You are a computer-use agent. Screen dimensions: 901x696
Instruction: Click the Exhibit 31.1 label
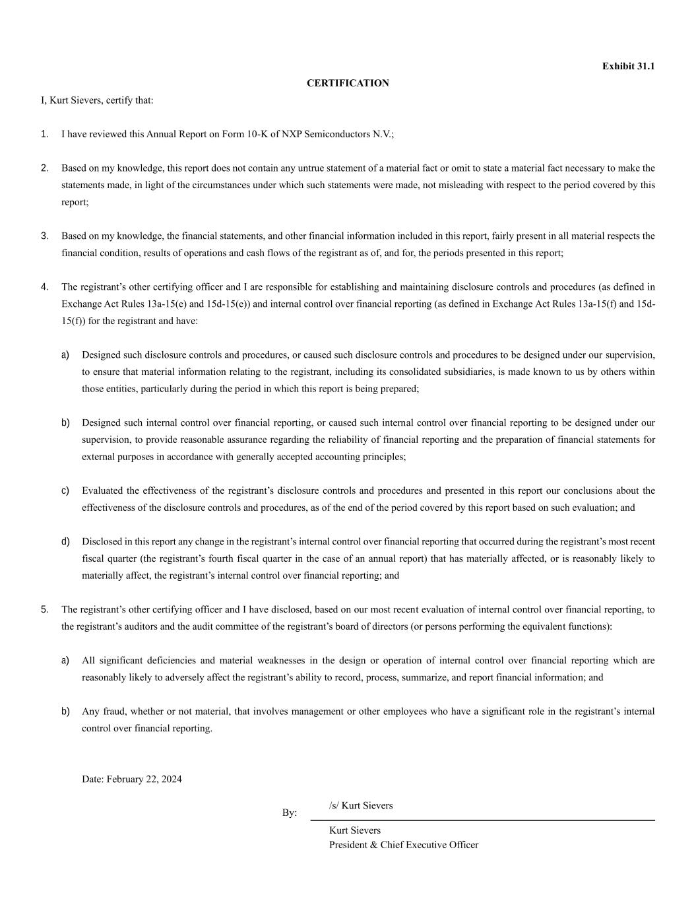click(x=628, y=66)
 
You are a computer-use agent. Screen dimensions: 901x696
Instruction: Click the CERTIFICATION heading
click(x=348, y=83)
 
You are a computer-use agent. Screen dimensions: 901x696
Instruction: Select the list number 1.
click(x=44, y=134)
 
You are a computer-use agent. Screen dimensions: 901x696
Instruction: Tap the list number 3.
click(x=44, y=236)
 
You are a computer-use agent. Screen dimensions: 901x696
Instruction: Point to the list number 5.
click(x=44, y=609)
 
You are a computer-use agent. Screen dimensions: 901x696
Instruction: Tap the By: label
click(x=290, y=813)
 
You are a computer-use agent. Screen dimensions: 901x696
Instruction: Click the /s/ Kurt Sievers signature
click(x=361, y=805)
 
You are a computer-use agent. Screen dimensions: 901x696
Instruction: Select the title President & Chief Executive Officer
click(x=404, y=845)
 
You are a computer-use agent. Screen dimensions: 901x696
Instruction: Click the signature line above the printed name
click(x=482, y=820)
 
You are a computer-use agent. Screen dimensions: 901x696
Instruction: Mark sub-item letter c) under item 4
click(x=65, y=490)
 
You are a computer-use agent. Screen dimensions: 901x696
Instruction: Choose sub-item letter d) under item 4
click(x=65, y=541)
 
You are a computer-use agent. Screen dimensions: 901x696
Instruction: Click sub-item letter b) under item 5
click(x=65, y=711)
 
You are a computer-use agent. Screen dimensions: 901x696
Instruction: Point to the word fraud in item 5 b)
click(x=113, y=711)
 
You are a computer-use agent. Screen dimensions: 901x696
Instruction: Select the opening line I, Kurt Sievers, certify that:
click(x=97, y=100)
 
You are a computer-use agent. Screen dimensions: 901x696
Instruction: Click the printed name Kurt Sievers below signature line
click(x=355, y=830)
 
